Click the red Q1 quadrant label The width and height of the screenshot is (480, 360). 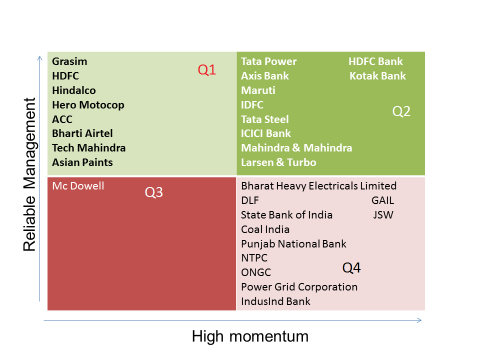pyautogui.click(x=207, y=70)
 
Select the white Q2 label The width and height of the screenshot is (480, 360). pyautogui.click(x=401, y=111)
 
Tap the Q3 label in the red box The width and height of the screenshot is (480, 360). pyautogui.click(x=153, y=192)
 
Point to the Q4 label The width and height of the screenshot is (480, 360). pyautogui.click(x=351, y=268)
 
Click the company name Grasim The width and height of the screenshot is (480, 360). pyautogui.click(x=69, y=61)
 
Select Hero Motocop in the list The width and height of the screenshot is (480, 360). pyautogui.click(x=88, y=105)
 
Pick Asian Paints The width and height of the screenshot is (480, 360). pyautogui.click(x=82, y=162)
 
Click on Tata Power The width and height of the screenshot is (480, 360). pyautogui.click(x=269, y=61)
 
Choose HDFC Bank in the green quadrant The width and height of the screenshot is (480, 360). pyautogui.click(x=375, y=61)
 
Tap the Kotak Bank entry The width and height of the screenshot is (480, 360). pyautogui.click(x=378, y=76)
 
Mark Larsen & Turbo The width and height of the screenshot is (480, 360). pyautogui.click(x=278, y=162)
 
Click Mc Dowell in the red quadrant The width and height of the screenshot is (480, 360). pyautogui.click(x=78, y=186)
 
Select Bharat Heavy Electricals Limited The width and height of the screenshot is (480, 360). pyautogui.click(x=318, y=186)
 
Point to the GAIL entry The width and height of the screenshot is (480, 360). pyautogui.click(x=382, y=200)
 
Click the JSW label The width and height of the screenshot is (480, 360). pyautogui.click(x=383, y=215)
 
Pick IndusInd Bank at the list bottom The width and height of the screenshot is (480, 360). pyautogui.click(x=275, y=301)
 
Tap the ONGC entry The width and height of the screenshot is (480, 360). pyautogui.click(x=256, y=272)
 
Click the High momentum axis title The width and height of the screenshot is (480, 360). pyautogui.click(x=250, y=336)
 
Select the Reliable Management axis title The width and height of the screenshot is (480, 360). pyautogui.click(x=29, y=174)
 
